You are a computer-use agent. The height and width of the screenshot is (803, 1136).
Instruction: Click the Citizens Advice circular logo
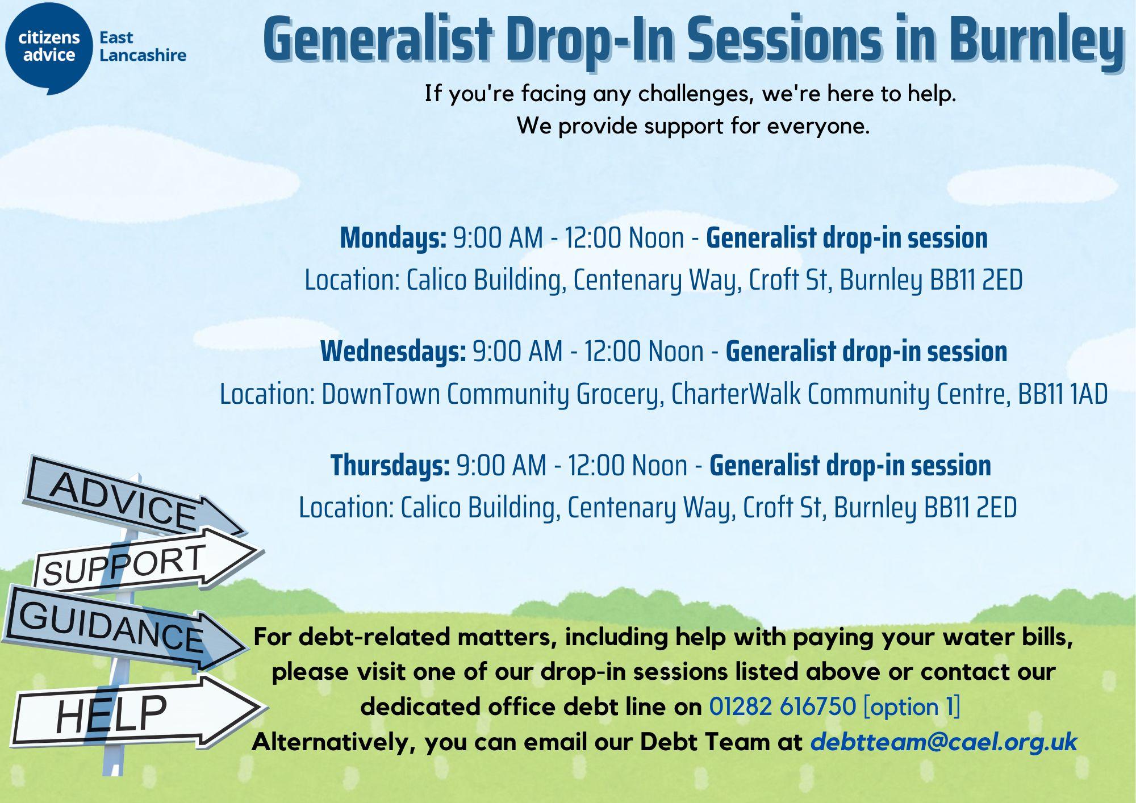pyautogui.click(x=48, y=48)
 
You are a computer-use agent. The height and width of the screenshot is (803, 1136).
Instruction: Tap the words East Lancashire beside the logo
pyautogui.click(x=143, y=47)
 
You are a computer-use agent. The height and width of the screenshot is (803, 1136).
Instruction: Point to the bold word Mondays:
pyautogui.click(x=393, y=238)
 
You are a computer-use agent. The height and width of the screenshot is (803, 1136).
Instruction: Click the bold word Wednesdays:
pyautogui.click(x=393, y=352)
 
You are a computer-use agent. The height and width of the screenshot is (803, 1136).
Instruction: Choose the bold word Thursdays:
pyautogui.click(x=390, y=466)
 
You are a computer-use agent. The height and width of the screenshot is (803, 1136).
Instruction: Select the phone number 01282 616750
pyautogui.click(x=782, y=706)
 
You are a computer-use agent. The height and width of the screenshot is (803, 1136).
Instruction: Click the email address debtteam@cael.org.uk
pyautogui.click(x=943, y=742)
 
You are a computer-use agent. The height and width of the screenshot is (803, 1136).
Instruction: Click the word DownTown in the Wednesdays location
pyautogui.click(x=381, y=394)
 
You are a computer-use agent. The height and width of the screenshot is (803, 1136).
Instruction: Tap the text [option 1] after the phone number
pyautogui.click(x=911, y=707)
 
